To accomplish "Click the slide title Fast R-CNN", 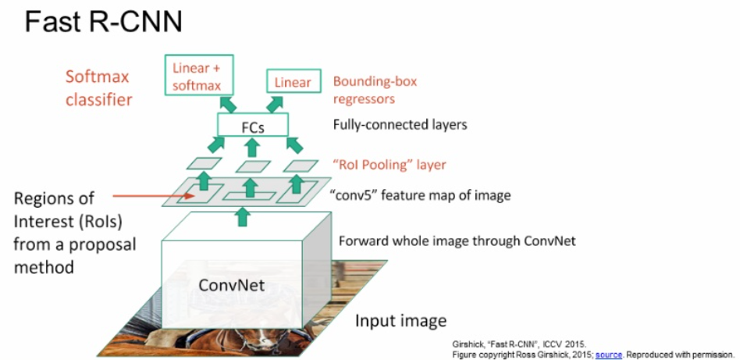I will coord(103,23).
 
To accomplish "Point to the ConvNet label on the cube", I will coord(231,285).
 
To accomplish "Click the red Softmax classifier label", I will coord(98,88).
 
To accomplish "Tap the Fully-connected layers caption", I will coord(400,124).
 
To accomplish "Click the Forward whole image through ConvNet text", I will coord(457,241).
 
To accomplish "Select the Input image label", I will coord(401,321).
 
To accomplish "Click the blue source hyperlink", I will coord(608,354).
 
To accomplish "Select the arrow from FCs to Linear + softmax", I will coord(229,104).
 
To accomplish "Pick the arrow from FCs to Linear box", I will coord(276,104).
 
